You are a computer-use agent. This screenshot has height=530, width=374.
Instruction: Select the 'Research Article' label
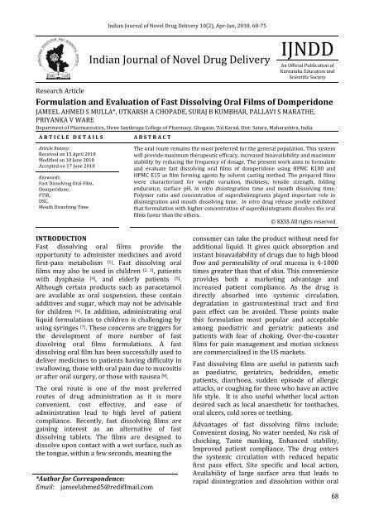pyautogui.click(x=40, y=94)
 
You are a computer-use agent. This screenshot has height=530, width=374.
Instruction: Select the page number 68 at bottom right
pyautogui.click(x=357, y=518)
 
